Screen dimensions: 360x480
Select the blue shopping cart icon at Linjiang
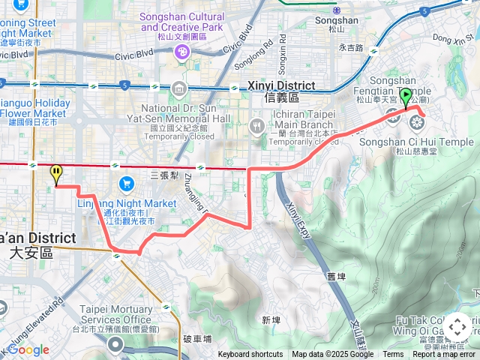126,184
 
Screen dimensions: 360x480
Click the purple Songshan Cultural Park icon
181,52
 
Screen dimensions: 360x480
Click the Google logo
28,349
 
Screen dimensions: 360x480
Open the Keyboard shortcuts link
250,355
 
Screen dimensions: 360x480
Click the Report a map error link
444,355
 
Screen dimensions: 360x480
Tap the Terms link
393,355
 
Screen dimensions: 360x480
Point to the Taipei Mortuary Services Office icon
115,344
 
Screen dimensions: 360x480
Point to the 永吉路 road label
350,47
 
